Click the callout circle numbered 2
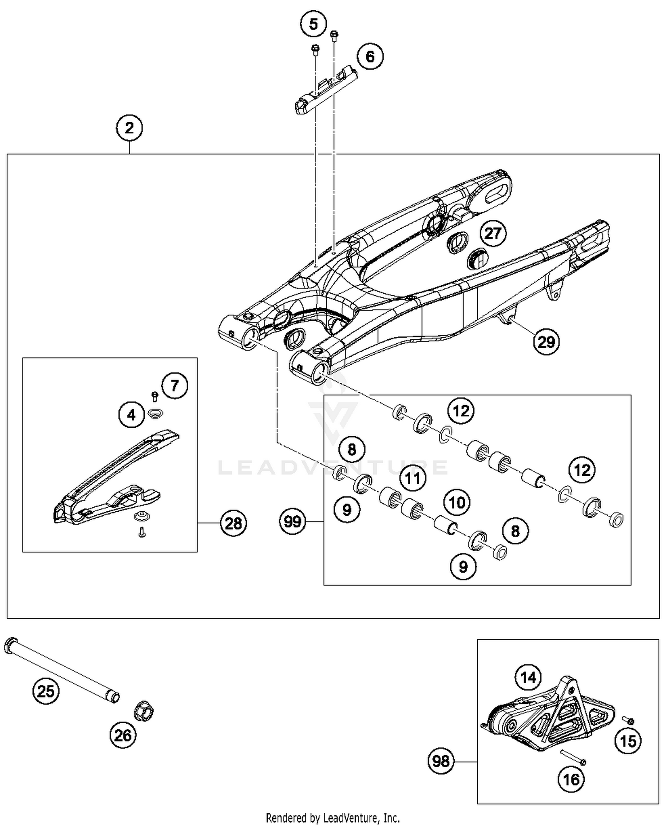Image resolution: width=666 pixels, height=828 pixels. (x=129, y=128)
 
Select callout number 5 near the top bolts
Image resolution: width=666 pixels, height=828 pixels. (x=313, y=24)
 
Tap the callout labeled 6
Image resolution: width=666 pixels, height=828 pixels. (x=370, y=56)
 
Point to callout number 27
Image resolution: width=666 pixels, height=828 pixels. (x=493, y=233)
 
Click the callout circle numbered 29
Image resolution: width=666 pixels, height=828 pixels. (x=546, y=342)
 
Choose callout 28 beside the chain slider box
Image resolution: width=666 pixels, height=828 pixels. (x=233, y=523)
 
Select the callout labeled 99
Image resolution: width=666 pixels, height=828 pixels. (x=293, y=521)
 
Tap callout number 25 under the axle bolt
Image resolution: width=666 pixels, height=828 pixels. (x=46, y=691)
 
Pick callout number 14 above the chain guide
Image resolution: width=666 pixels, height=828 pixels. (x=528, y=677)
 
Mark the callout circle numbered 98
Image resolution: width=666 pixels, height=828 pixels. (x=441, y=761)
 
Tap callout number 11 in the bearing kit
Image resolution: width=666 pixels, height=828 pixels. (x=412, y=478)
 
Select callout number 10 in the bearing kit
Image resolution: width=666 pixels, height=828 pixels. (x=457, y=502)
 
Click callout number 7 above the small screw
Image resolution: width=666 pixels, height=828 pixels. (x=174, y=385)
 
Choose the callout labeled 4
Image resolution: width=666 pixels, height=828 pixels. (x=131, y=415)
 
